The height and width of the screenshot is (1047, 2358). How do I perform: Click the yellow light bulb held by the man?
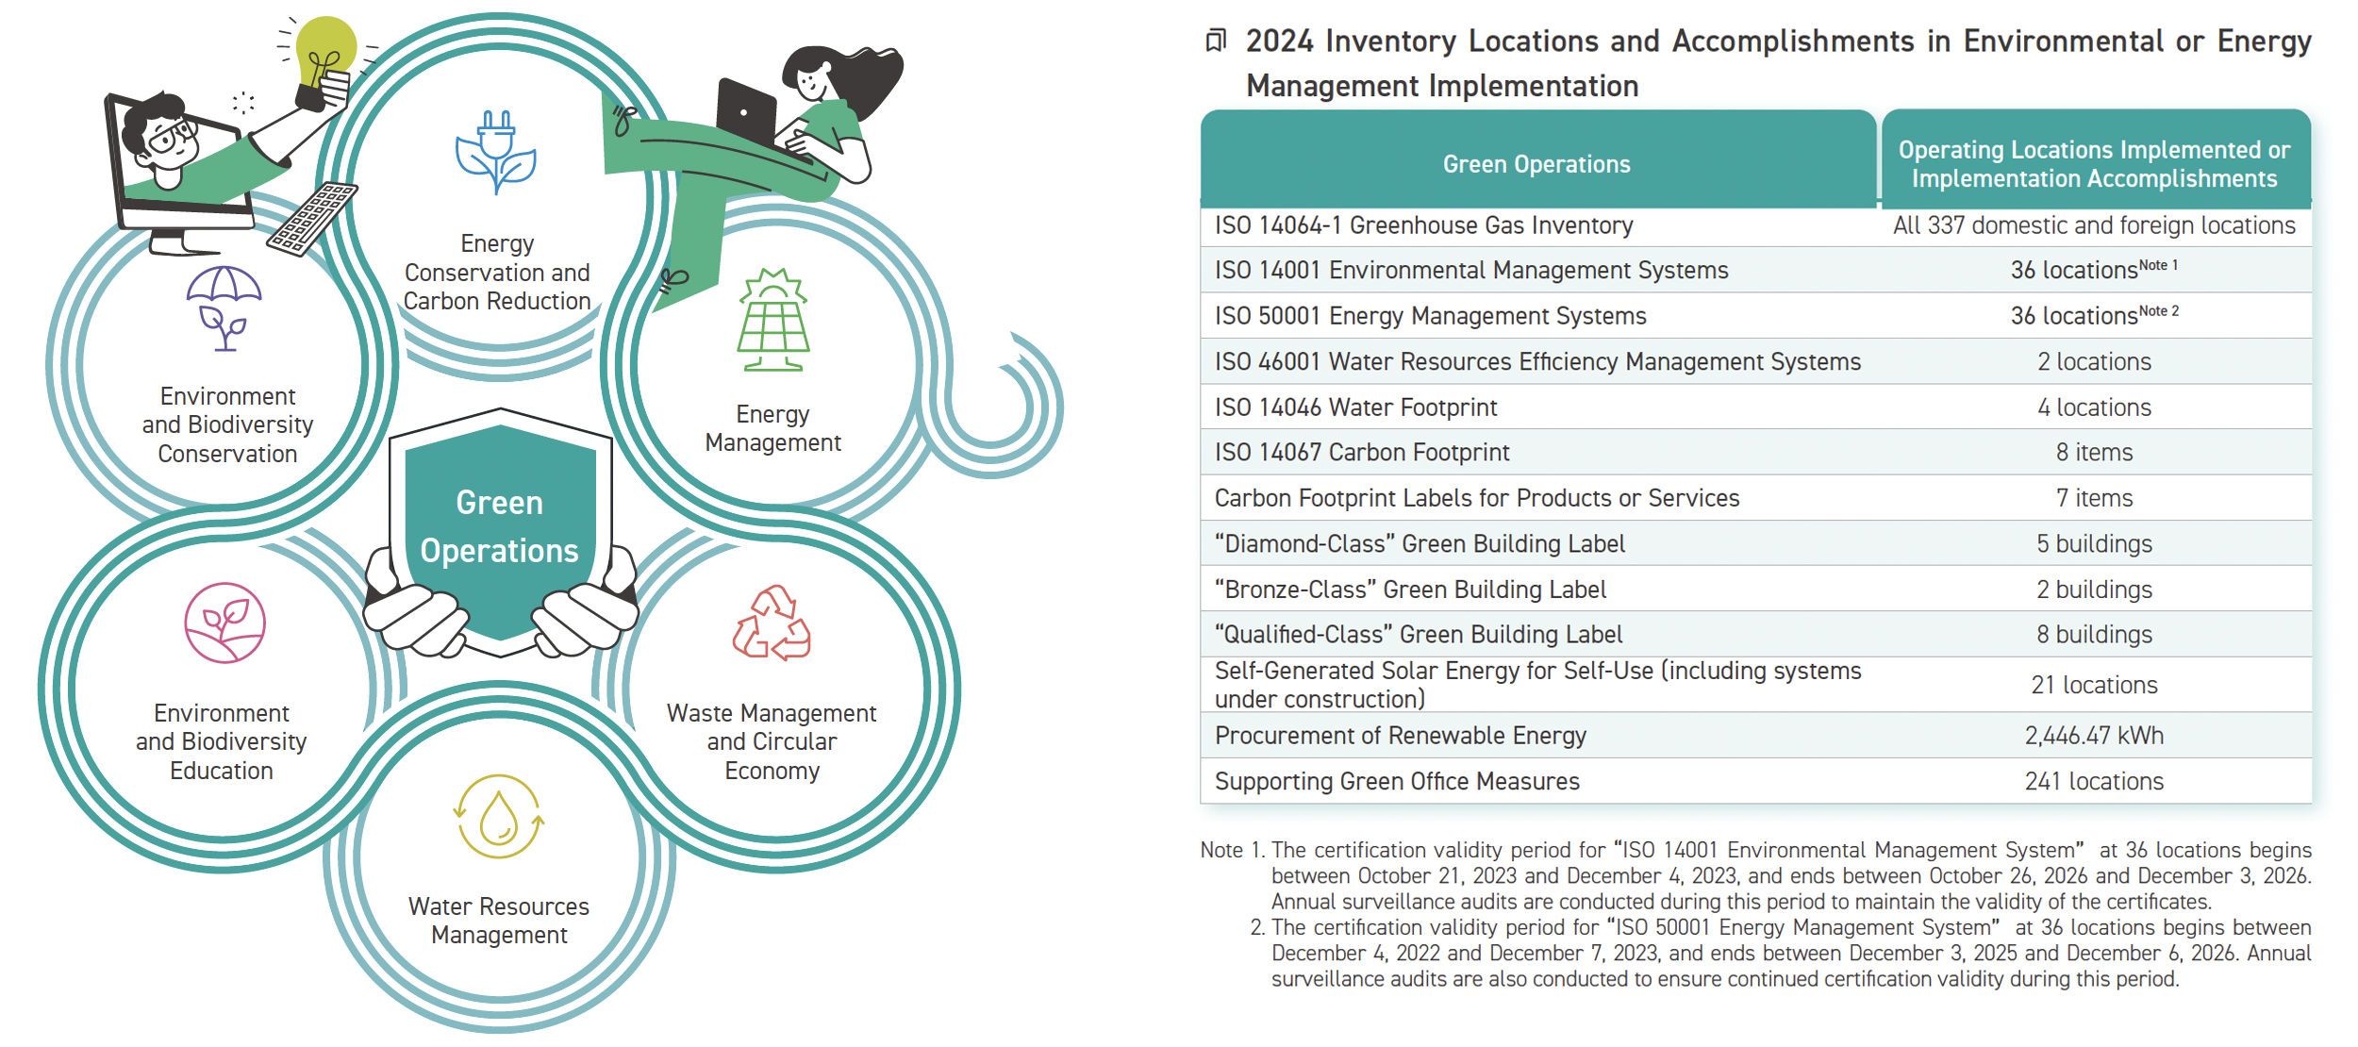pos(325,52)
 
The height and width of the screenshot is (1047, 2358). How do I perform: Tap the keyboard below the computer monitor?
pos(312,218)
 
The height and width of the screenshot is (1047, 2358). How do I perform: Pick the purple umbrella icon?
pos(224,307)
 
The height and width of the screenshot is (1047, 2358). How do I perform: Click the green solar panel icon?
pos(773,321)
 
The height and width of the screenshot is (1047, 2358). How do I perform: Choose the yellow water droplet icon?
pos(499,817)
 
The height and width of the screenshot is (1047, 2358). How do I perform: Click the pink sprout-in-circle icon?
pos(224,623)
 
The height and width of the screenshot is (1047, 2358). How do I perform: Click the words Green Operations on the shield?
pos(499,526)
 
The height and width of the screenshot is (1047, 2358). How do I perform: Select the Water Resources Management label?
pos(499,921)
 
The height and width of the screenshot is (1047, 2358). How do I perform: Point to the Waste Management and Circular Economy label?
pos(772,741)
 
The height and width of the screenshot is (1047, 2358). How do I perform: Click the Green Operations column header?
pos(1536,164)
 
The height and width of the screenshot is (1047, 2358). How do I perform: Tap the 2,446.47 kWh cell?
pos(2094,736)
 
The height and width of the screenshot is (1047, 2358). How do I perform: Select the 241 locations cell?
pos(2094,781)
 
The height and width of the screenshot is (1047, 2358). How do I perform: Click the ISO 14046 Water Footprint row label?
pos(1355,407)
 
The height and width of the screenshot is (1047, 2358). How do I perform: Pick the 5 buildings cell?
pos(2094,543)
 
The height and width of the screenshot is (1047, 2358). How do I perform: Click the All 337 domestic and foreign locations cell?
pos(2094,225)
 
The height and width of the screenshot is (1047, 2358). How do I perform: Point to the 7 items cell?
pos(2094,498)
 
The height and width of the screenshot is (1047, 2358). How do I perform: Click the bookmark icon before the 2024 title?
pos(1217,41)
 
